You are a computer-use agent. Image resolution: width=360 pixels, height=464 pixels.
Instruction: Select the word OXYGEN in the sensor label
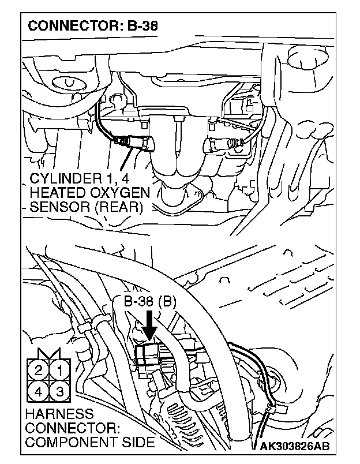pyautogui.click(x=119, y=192)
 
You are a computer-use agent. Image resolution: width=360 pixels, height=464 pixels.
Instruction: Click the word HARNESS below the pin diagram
pyautogui.click(x=59, y=414)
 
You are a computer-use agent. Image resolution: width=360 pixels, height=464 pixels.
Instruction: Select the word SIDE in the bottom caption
pyautogui.click(x=138, y=443)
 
